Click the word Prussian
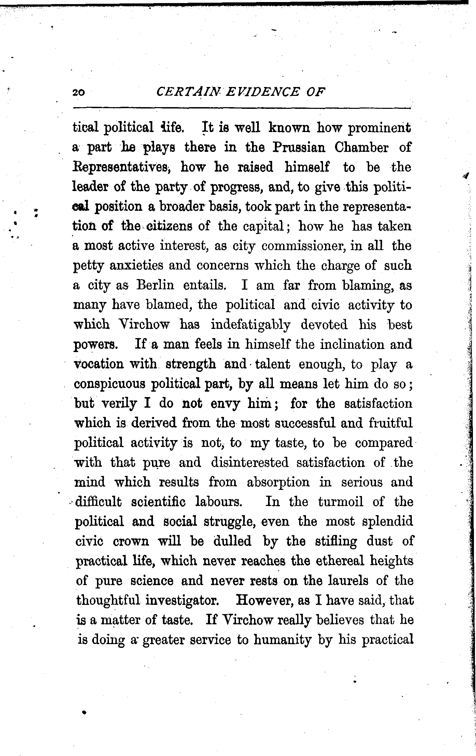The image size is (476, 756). click(x=299, y=147)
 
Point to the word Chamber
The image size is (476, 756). click(x=362, y=147)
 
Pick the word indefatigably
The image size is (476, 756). click(x=250, y=325)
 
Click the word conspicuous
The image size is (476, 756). click(x=110, y=384)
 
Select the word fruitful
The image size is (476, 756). click(x=391, y=423)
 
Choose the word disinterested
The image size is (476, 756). click(x=250, y=463)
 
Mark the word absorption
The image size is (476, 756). click(x=278, y=482)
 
